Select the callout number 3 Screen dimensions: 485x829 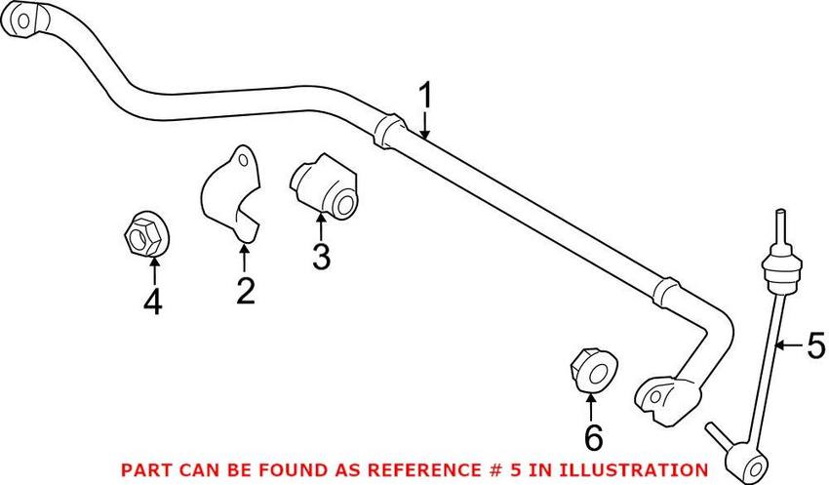pos(321,257)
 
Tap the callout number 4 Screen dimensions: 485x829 pos(152,303)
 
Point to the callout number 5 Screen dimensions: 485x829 pos(815,344)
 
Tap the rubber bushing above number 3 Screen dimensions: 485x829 pos(326,185)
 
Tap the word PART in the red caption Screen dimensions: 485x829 pos(143,469)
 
